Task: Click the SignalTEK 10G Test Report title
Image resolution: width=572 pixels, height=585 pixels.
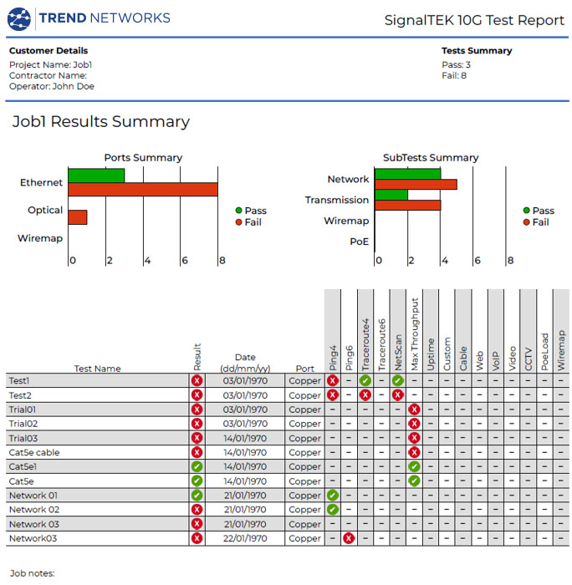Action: tap(474, 20)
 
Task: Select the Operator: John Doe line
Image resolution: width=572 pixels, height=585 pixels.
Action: tap(51, 85)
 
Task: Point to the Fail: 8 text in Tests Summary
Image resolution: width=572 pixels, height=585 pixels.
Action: tap(453, 75)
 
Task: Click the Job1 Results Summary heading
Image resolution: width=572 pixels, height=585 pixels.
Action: tap(100, 122)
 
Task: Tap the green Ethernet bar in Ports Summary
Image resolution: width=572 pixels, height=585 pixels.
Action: tap(96, 175)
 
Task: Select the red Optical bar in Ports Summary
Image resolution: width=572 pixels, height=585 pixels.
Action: tap(78, 217)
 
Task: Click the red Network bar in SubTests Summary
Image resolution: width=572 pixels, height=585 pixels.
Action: tap(416, 184)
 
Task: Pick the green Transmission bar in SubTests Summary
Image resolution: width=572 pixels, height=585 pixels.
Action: tap(391, 195)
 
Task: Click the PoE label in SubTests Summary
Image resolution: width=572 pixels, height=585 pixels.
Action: tap(358, 242)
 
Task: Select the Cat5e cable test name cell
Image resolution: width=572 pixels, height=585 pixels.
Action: tap(34, 452)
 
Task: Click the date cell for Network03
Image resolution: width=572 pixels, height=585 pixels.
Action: tap(245, 538)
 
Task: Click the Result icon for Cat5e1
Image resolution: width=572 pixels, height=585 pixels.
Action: tap(197, 466)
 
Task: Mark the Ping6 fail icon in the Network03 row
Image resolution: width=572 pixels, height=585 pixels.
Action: tap(349, 538)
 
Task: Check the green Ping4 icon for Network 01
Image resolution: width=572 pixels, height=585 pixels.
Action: tap(333, 496)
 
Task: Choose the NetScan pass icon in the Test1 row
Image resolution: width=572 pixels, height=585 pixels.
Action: tap(397, 380)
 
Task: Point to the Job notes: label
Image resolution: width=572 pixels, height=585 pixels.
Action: tap(32, 574)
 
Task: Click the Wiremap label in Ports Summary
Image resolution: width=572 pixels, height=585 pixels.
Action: tap(40, 238)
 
